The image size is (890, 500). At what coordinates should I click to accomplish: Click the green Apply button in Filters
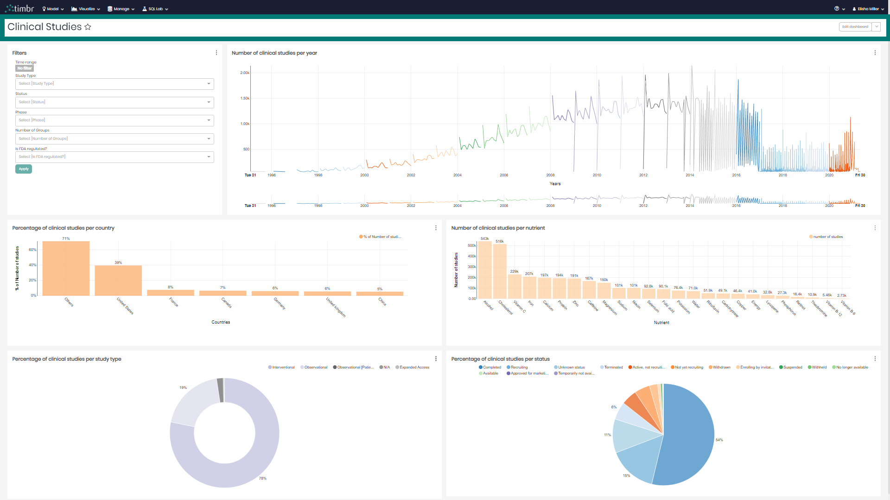click(24, 169)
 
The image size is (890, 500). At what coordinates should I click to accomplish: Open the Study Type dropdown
click(114, 84)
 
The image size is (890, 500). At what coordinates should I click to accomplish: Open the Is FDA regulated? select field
click(114, 157)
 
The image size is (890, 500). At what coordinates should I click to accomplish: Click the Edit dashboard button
click(855, 27)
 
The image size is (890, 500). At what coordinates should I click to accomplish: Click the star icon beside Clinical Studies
click(88, 27)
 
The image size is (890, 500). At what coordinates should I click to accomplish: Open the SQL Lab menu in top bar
click(155, 9)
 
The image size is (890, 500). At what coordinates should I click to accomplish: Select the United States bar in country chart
click(118, 281)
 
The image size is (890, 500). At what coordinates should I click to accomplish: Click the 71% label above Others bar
click(66, 238)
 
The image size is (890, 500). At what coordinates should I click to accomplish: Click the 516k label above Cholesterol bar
click(499, 241)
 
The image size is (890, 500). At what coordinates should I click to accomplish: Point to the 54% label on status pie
click(719, 440)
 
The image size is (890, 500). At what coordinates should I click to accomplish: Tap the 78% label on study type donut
click(262, 478)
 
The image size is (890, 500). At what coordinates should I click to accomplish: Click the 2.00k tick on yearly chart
click(245, 73)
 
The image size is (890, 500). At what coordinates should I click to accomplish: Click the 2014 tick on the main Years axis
click(690, 175)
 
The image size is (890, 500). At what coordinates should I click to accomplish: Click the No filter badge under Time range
click(25, 68)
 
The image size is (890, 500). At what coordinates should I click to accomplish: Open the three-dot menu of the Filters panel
click(216, 53)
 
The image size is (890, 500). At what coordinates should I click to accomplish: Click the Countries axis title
click(221, 322)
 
